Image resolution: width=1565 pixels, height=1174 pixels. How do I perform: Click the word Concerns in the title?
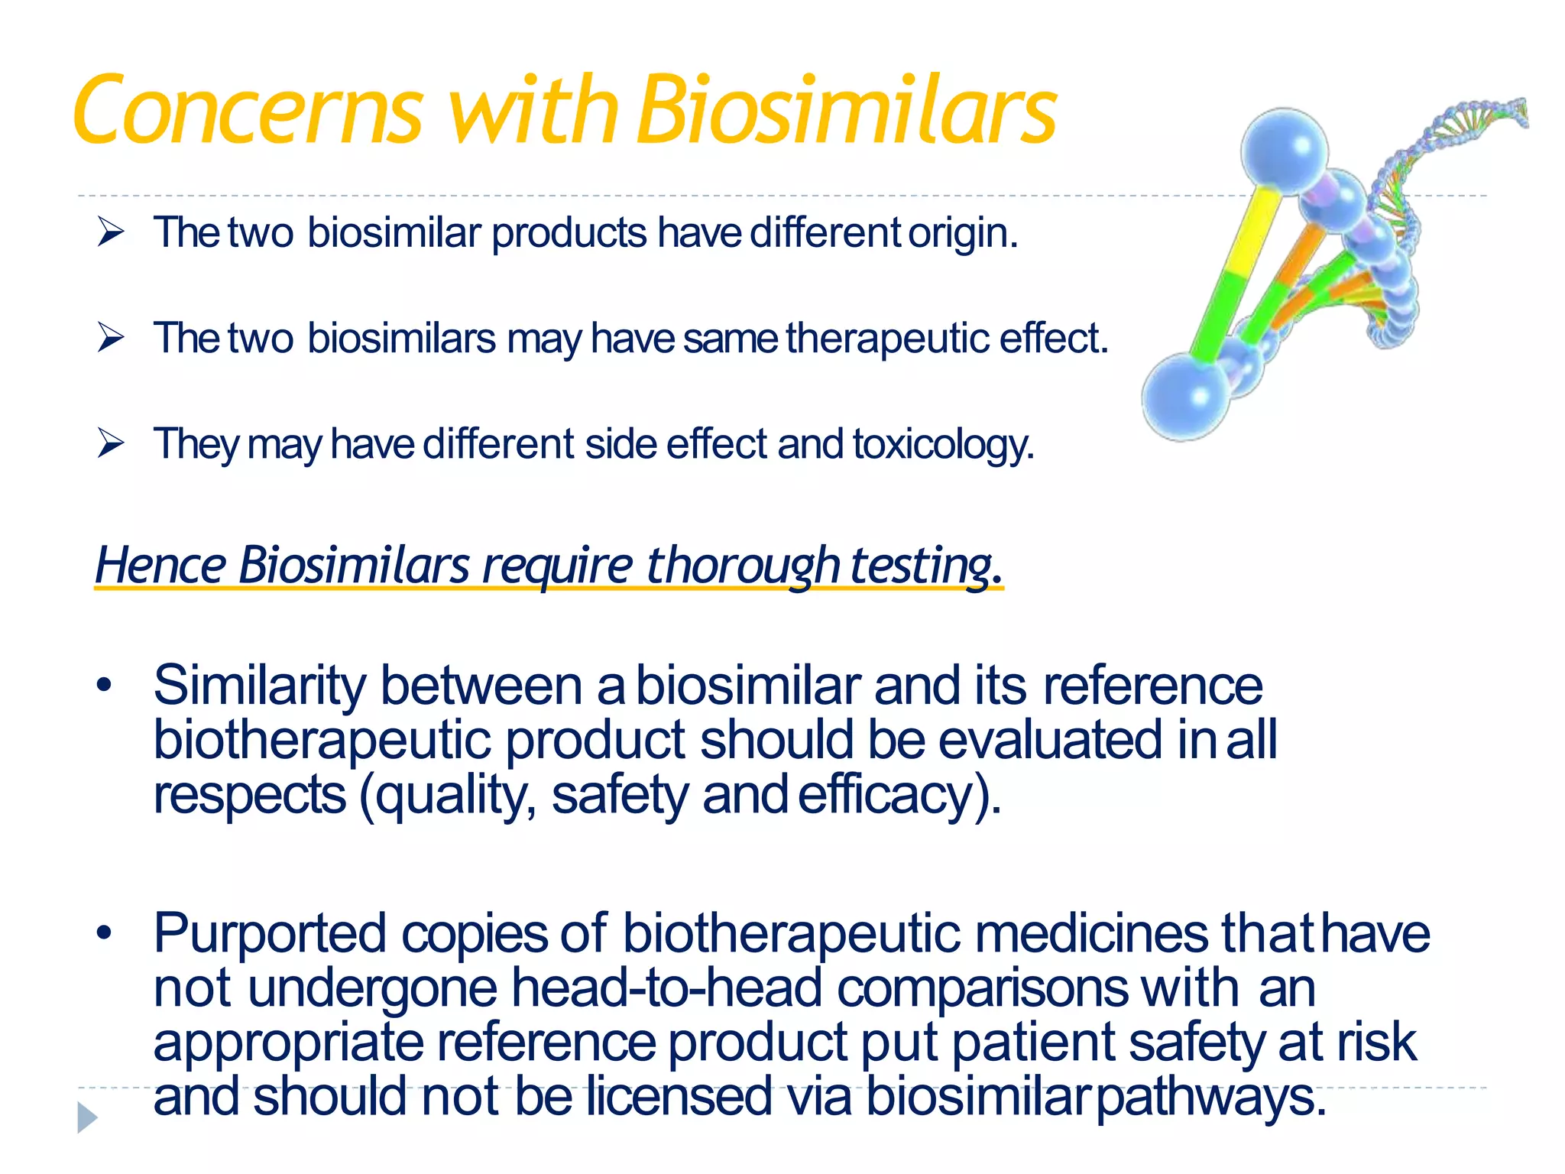[x=248, y=111]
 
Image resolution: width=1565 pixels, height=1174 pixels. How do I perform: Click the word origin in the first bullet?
[x=962, y=233]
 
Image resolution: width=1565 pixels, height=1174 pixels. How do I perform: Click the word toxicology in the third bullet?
[x=943, y=445]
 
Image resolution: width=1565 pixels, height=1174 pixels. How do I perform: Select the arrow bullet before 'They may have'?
[x=111, y=443]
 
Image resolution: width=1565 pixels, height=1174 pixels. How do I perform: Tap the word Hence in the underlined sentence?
[x=160, y=566]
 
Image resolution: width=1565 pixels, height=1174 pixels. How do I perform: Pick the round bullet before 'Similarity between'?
[x=105, y=684]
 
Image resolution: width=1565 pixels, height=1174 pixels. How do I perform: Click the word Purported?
[x=270, y=934]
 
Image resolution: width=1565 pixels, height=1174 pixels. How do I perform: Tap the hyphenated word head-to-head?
[x=666, y=988]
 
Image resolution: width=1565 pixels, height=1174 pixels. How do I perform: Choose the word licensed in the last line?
[x=679, y=1097]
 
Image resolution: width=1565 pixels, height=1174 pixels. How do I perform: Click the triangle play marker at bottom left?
[x=87, y=1117]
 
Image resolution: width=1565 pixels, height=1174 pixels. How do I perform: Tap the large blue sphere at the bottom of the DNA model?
[x=1184, y=397]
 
